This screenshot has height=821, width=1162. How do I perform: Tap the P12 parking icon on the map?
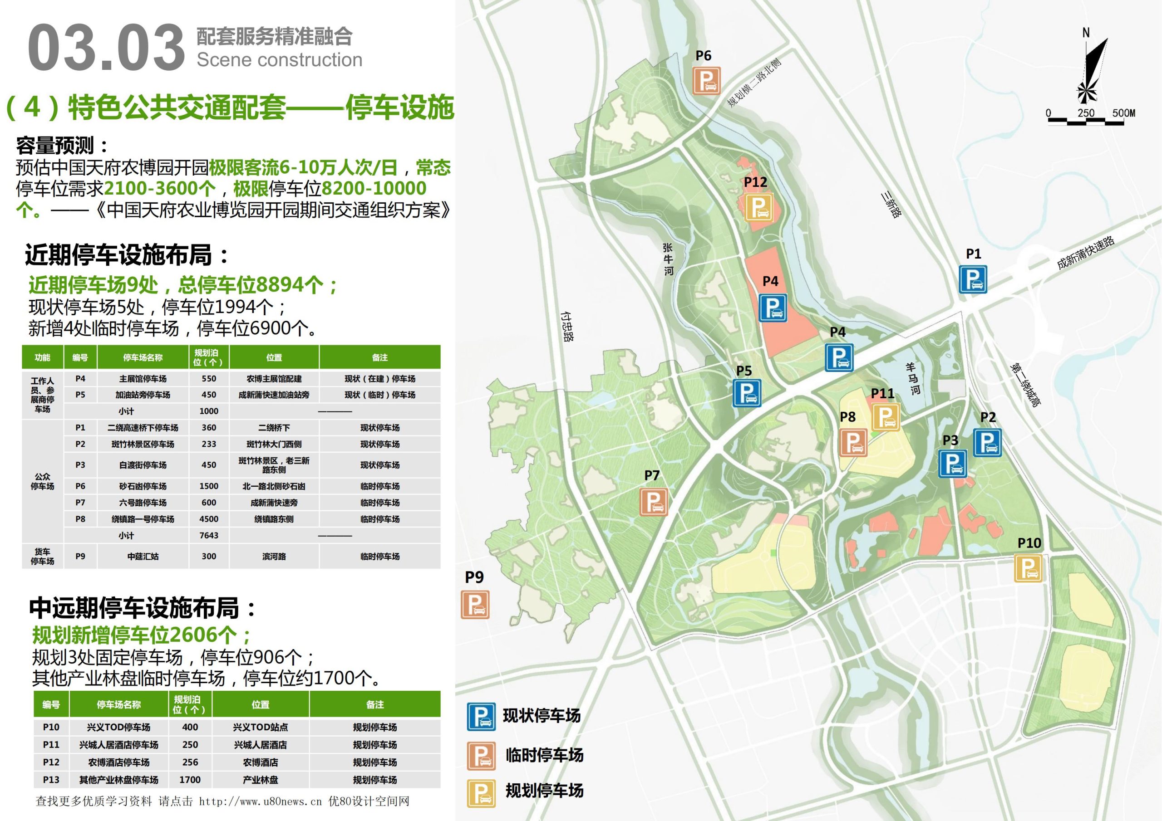(x=758, y=207)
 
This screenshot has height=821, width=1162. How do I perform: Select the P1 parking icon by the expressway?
(x=973, y=279)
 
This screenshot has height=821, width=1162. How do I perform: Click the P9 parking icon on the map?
(x=475, y=604)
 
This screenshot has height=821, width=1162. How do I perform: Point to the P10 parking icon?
(x=1028, y=568)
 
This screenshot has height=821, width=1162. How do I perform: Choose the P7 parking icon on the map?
(x=653, y=501)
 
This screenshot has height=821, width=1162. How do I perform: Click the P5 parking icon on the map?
(x=747, y=393)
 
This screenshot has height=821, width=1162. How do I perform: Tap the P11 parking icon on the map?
(x=885, y=417)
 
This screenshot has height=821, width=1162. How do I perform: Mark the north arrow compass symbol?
(x=1092, y=71)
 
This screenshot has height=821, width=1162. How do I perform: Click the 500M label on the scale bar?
(x=1123, y=113)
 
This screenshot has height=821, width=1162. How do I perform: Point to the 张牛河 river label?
(x=668, y=259)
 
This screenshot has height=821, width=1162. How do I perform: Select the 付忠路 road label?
(x=567, y=326)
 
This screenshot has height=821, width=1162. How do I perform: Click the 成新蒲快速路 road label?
(x=1085, y=253)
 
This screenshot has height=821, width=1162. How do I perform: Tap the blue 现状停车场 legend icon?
(x=481, y=716)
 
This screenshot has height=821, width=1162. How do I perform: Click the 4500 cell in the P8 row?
(x=208, y=519)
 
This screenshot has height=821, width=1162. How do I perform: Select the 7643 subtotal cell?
(x=208, y=535)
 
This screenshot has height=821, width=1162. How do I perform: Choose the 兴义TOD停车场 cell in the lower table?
(x=118, y=727)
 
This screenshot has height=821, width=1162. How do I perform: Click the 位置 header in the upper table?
(x=274, y=357)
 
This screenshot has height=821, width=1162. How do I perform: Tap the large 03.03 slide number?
(x=106, y=48)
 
